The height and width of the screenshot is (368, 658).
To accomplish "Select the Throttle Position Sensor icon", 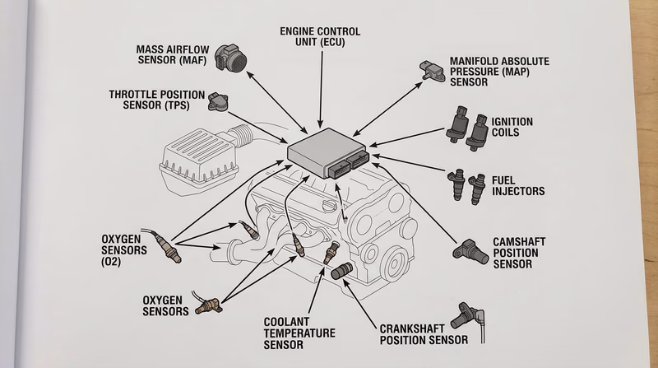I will click(x=217, y=102).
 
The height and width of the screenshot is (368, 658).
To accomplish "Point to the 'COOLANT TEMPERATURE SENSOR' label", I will click(x=299, y=333).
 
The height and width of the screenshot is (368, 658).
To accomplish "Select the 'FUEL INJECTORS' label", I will click(x=518, y=185).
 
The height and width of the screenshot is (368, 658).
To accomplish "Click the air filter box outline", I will click(x=193, y=156).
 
